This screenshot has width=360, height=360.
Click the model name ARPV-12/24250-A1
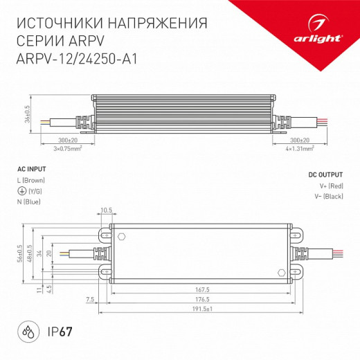click(75, 59)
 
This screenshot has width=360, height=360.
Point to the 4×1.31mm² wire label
click(302, 148)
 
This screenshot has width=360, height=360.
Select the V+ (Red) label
click(330, 187)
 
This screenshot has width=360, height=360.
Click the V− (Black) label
click(328, 198)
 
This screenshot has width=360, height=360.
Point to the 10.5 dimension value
click(106, 210)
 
